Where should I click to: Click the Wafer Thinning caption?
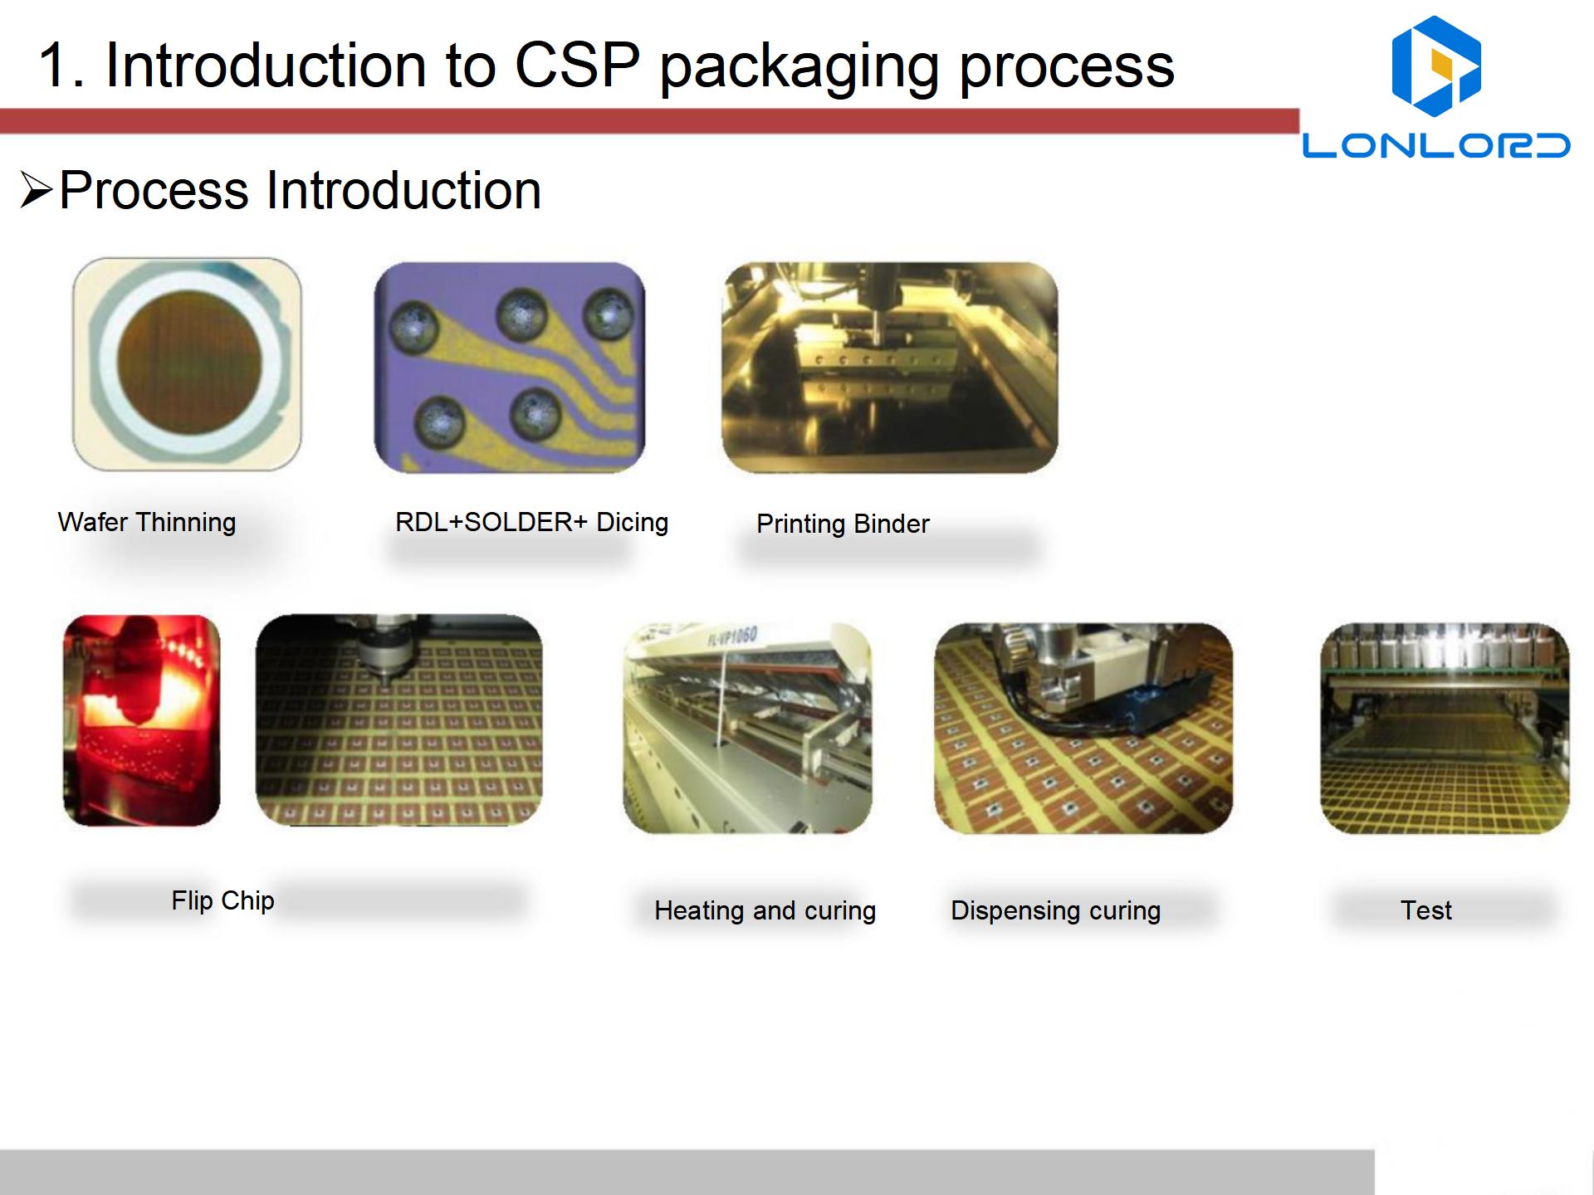click(147, 522)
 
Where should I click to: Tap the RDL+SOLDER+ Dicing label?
click(531, 522)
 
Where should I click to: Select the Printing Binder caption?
click(843, 524)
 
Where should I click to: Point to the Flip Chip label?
click(222, 900)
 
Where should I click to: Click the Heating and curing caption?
click(765, 910)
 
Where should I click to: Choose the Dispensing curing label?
click(1055, 910)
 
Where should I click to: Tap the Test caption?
click(1426, 910)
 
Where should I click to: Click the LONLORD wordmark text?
click(1436, 145)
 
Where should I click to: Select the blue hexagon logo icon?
click(1436, 66)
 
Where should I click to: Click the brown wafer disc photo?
click(187, 364)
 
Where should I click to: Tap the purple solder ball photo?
click(510, 368)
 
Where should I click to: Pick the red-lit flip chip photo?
click(142, 720)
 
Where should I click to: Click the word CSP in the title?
click(578, 65)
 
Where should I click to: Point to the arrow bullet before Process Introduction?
click(37, 190)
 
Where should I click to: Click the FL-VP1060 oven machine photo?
click(747, 729)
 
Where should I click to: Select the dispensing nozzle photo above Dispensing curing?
click(1083, 729)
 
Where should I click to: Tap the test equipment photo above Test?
click(1445, 729)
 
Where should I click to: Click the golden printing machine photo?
click(890, 368)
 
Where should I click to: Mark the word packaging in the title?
click(799, 66)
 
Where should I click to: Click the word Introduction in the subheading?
click(403, 190)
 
